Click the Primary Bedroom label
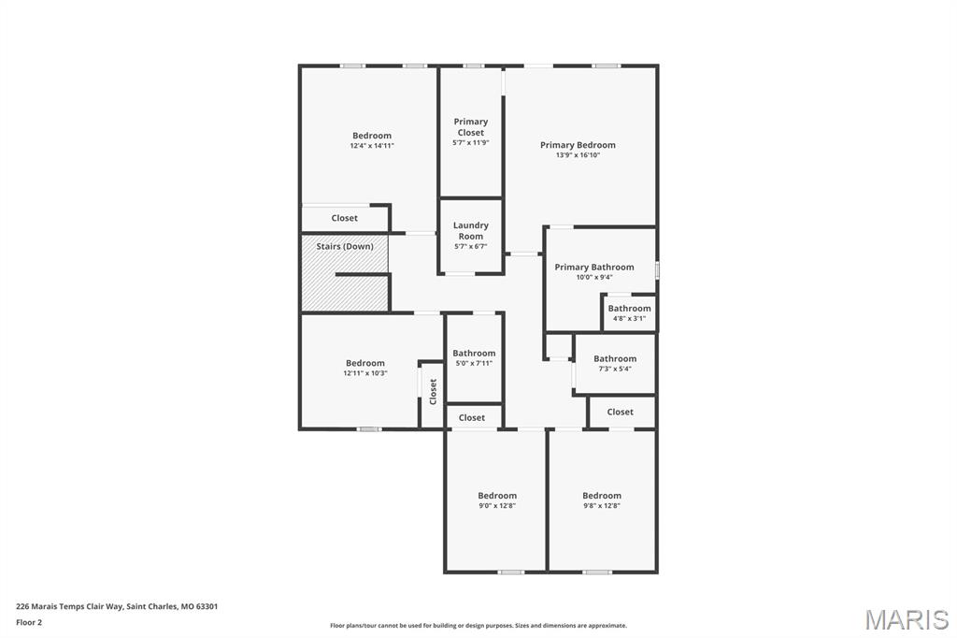(x=578, y=145)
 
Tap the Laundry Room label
(x=471, y=230)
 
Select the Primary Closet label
(x=471, y=126)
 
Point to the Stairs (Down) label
(x=344, y=246)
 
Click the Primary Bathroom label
(x=593, y=267)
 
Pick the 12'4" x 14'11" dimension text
(x=372, y=146)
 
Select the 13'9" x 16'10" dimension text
(x=578, y=155)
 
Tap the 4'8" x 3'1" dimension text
(x=629, y=318)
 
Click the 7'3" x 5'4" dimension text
(x=615, y=369)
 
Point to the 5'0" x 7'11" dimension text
(x=474, y=363)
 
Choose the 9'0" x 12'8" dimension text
(x=497, y=505)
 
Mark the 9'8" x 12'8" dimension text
(x=601, y=505)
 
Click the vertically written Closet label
(x=433, y=392)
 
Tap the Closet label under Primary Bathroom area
(x=621, y=412)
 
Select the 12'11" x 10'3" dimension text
(x=365, y=373)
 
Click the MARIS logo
(x=907, y=619)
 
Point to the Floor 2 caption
(x=29, y=623)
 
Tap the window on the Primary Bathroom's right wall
(x=657, y=270)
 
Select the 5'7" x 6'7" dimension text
(x=471, y=247)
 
